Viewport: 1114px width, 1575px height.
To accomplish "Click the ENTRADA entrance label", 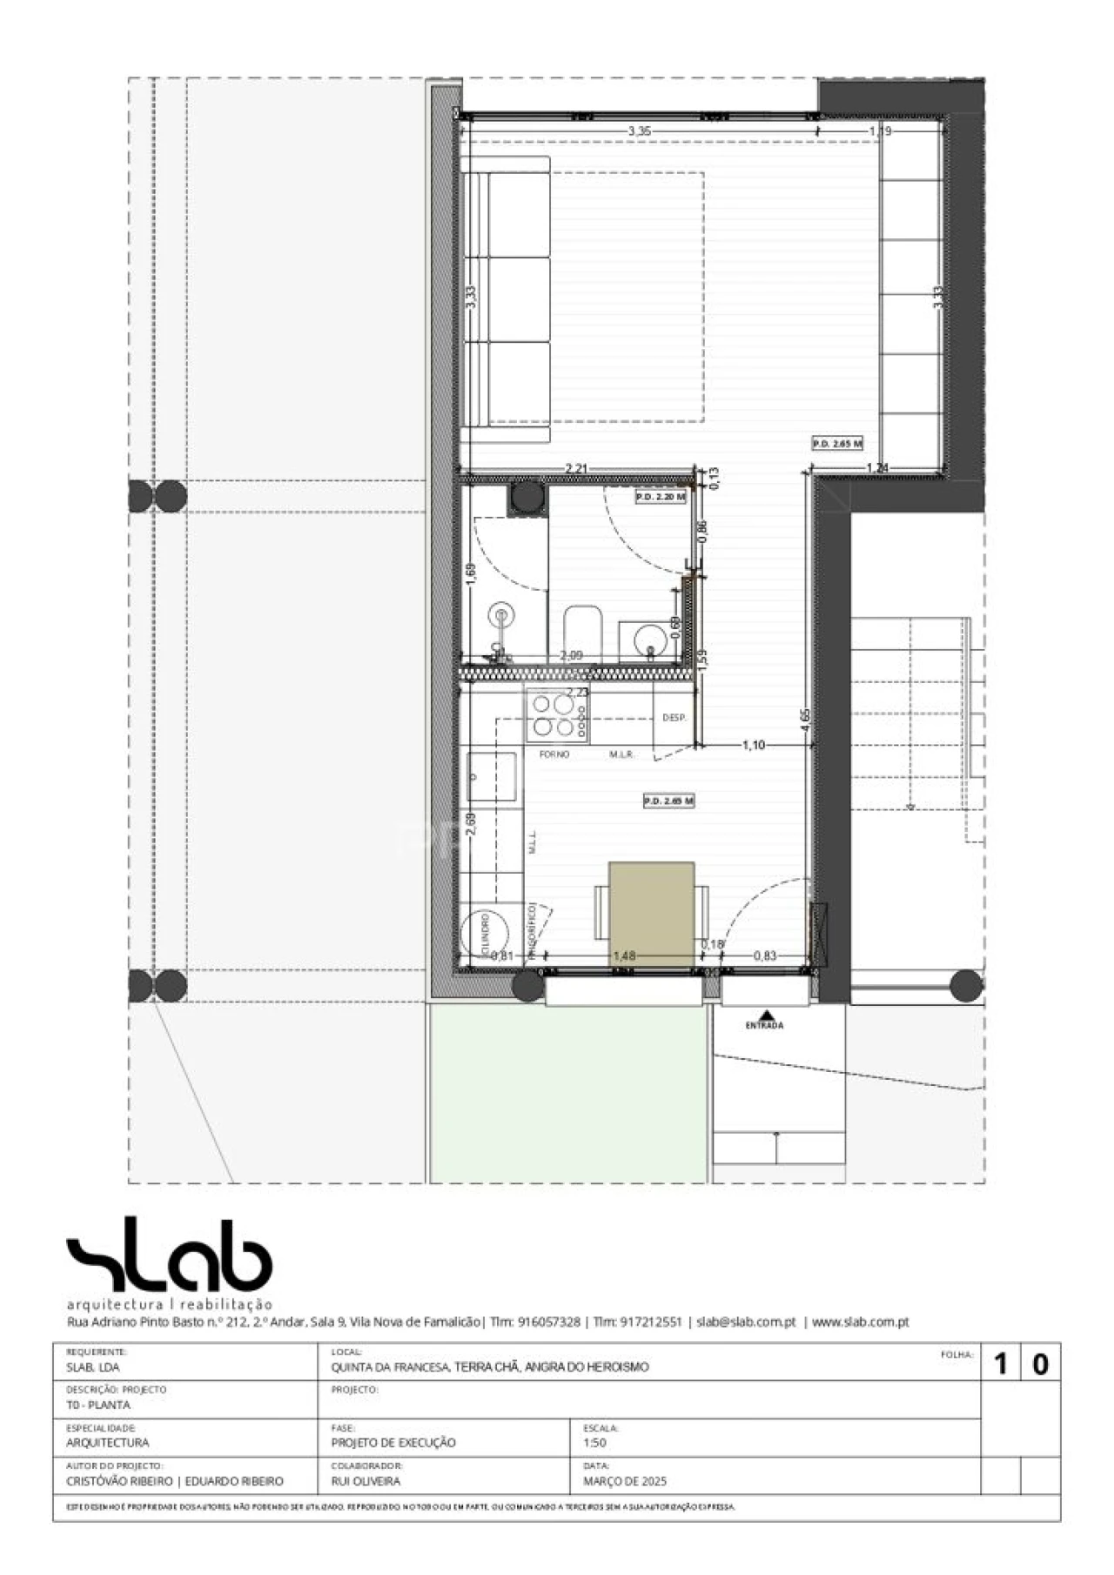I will [x=764, y=1025].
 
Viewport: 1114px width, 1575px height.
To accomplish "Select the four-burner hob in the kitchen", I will [x=554, y=715].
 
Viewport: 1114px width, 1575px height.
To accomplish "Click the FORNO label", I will [x=554, y=754].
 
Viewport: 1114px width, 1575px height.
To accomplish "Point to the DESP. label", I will [x=674, y=718].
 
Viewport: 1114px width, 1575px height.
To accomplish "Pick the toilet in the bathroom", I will [x=583, y=632].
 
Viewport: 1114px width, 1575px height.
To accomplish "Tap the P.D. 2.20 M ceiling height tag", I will [x=660, y=497].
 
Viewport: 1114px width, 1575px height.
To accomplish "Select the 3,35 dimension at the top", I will [x=639, y=131].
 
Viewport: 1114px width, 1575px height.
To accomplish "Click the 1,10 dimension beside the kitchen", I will [x=753, y=745].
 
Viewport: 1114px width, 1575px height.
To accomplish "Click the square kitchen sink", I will [x=492, y=775].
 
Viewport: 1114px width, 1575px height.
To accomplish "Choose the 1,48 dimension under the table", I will [x=624, y=955].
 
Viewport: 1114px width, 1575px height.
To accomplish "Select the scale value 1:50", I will [x=594, y=1442].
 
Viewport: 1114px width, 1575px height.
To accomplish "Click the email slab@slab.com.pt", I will [x=746, y=1322].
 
